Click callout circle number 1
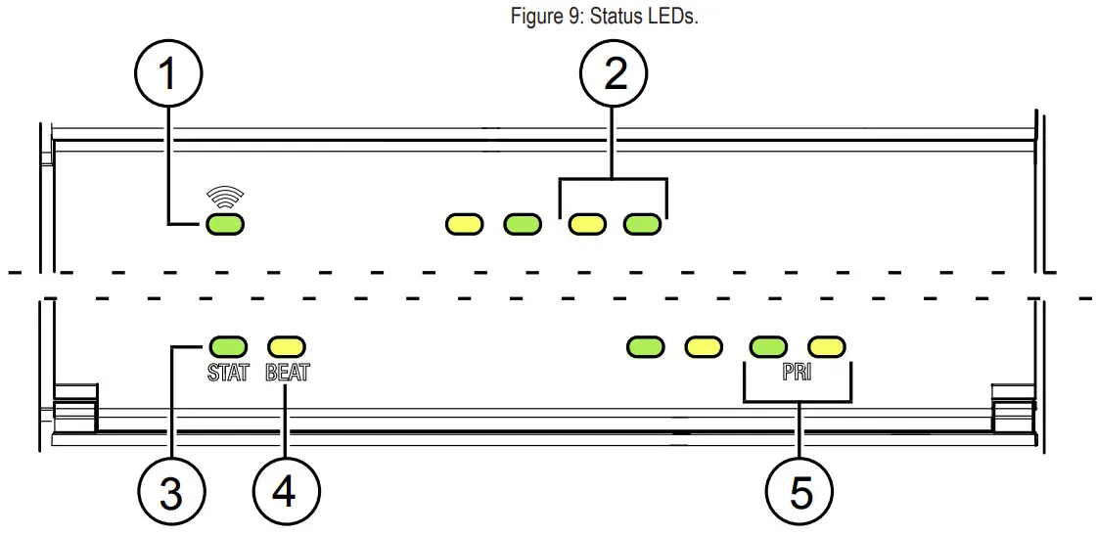pos(169,74)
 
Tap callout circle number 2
pos(615,74)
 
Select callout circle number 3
pos(171,492)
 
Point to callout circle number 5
pos(800,492)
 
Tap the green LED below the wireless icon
pos(224,226)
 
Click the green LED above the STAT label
pos(228,345)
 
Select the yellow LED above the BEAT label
pos(287,345)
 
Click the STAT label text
pos(228,373)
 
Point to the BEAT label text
pos(287,373)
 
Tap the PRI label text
pos(797,373)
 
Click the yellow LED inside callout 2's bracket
pos(587,225)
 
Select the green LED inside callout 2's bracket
pos(642,225)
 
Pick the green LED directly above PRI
pos(768,345)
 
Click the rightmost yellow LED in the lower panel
pos(827,345)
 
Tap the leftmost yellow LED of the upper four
pos(464,225)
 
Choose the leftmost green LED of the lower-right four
pos(646,345)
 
